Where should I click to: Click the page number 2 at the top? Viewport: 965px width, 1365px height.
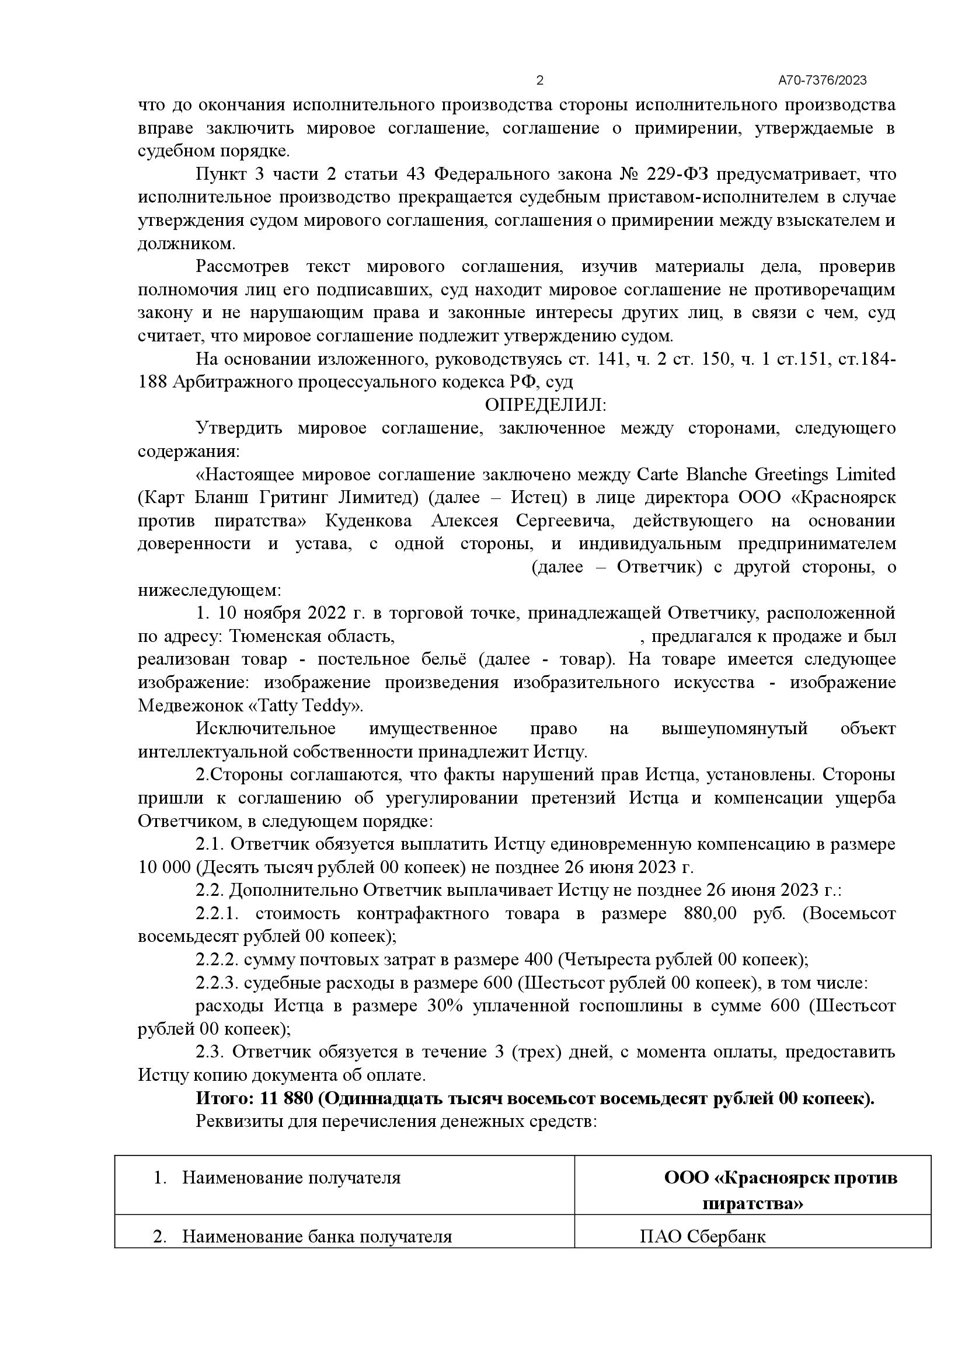point(539,81)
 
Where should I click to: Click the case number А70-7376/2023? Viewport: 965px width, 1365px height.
point(823,81)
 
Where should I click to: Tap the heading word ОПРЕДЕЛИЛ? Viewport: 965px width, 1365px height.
point(545,406)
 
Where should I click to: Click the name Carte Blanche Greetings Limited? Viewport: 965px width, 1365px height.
point(766,474)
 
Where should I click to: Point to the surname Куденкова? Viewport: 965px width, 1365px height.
point(368,521)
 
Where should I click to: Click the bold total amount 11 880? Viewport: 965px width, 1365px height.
point(286,1099)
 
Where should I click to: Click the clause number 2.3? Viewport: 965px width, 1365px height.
point(210,1052)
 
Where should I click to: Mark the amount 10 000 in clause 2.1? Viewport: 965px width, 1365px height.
point(164,867)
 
